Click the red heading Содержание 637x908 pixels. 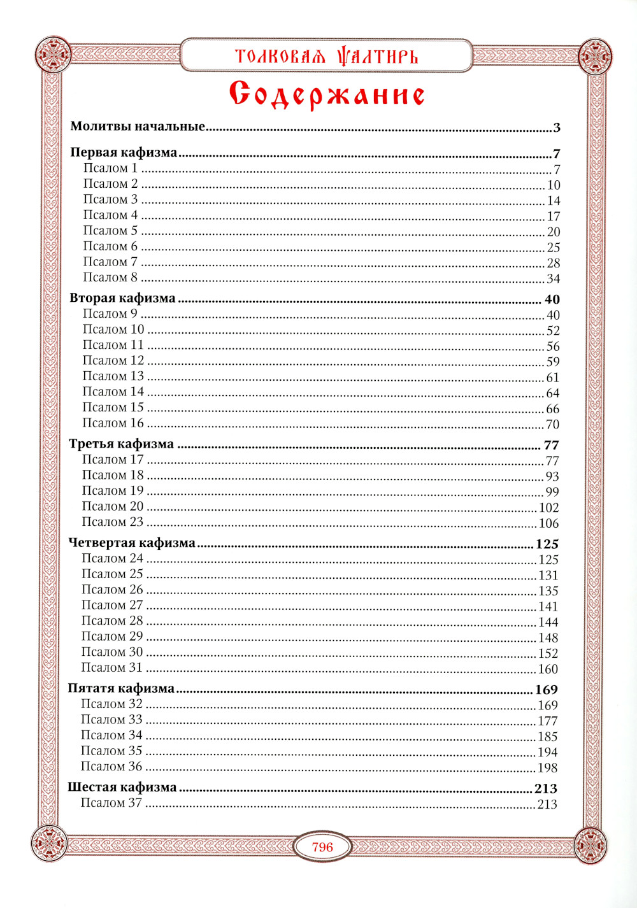[x=327, y=95]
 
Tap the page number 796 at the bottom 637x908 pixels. [x=322, y=847]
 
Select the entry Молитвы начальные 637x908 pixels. [x=138, y=126]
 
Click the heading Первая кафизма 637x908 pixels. [x=124, y=152]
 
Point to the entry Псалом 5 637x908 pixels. [x=110, y=231]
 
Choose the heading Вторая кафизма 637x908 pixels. [x=122, y=298]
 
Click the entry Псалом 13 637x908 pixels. [x=113, y=376]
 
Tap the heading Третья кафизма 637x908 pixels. [x=122, y=444]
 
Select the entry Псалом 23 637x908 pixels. [x=113, y=522]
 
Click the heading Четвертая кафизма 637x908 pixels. [x=132, y=543]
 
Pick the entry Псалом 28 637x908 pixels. [x=112, y=621]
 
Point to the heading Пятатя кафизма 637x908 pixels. [x=121, y=688]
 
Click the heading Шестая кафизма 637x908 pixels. [x=122, y=787]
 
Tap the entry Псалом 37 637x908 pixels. [x=111, y=803]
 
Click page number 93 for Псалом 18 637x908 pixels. [x=552, y=476]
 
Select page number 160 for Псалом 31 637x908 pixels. [x=548, y=669]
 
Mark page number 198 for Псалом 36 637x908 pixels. [x=547, y=768]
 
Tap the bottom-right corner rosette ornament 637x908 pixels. [x=590, y=846]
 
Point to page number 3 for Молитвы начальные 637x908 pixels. [x=556, y=127]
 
